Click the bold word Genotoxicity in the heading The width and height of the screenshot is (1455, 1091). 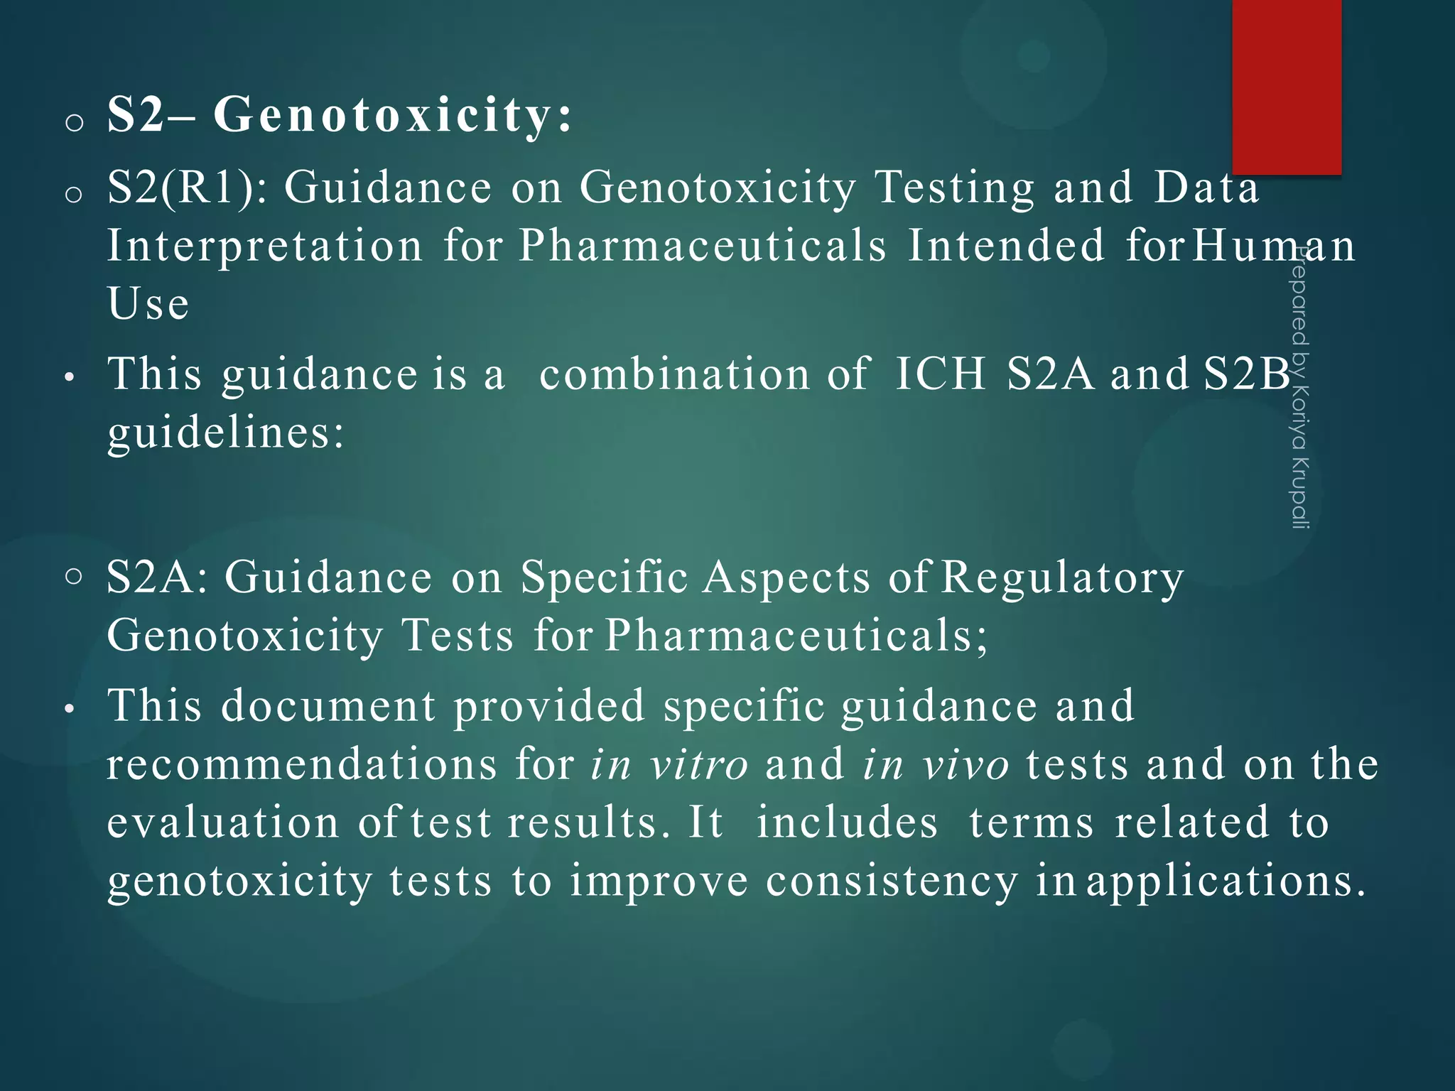392,115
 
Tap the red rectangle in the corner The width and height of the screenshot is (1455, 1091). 1287,85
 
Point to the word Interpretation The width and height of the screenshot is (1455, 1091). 265,246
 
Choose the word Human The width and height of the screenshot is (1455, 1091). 1273,246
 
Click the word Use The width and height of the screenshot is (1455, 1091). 148,304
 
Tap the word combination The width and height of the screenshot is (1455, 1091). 674,374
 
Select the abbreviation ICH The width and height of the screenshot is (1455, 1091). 941,374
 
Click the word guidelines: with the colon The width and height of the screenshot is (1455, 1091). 226,432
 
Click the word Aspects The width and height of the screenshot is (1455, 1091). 786,577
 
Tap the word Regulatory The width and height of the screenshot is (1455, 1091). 1062,577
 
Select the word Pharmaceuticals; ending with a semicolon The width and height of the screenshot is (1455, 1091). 796,635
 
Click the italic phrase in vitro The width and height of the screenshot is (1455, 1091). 669,765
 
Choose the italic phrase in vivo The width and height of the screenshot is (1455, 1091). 936,765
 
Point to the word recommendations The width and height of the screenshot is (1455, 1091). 302,765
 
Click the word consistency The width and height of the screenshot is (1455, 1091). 892,881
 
